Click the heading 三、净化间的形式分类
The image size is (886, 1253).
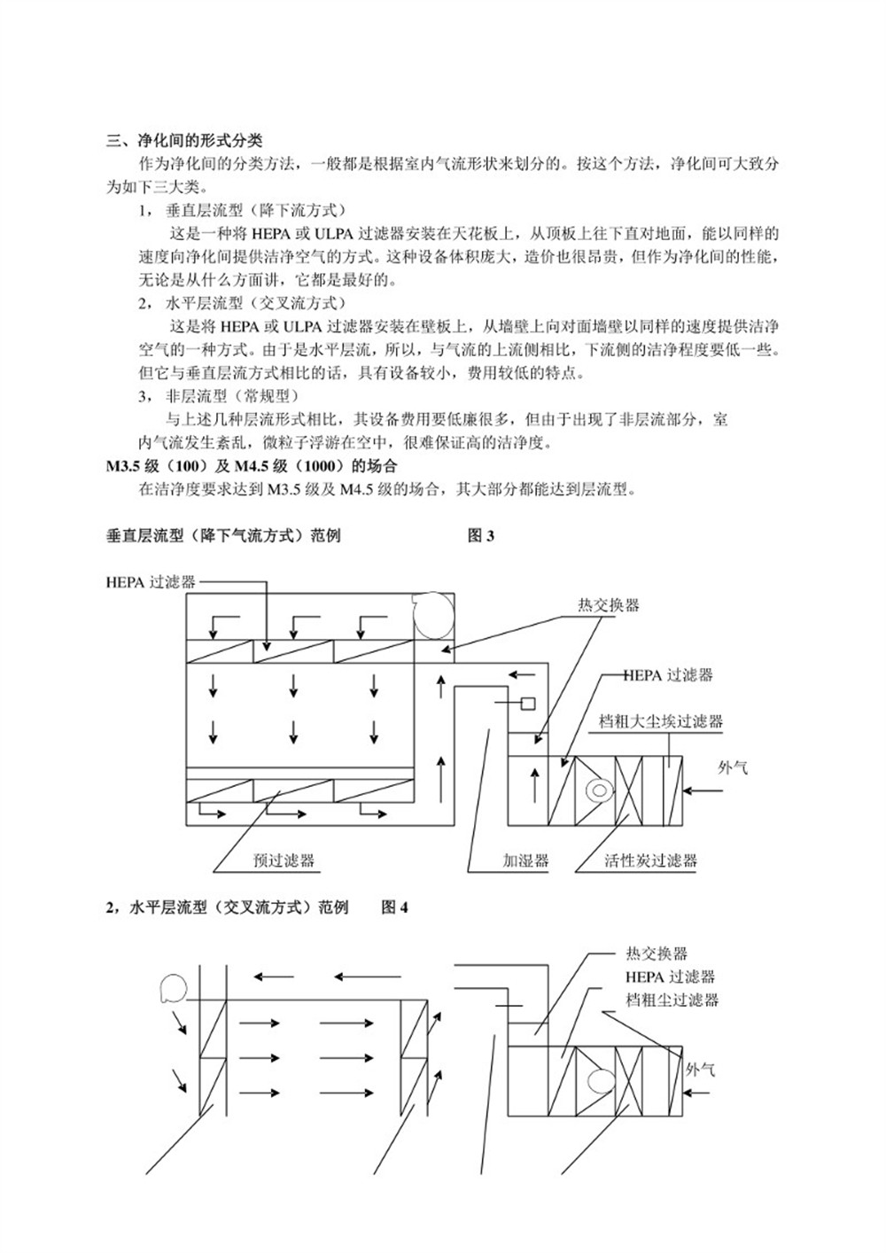(x=184, y=140)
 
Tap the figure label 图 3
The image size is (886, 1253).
(x=480, y=535)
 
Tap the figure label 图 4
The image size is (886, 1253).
(x=394, y=907)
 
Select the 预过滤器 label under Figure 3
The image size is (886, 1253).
(x=284, y=860)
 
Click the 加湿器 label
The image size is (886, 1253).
(x=525, y=860)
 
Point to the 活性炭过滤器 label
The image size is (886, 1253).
(x=650, y=860)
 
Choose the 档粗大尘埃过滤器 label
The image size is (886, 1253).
(x=661, y=721)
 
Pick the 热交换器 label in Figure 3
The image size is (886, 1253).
(x=609, y=605)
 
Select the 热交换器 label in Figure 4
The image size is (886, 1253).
(x=657, y=953)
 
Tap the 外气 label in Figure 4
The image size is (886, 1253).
(x=700, y=1070)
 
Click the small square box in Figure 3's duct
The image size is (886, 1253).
(x=528, y=704)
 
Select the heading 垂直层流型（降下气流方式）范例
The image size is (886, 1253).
(x=222, y=535)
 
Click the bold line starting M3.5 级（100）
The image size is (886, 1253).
(x=252, y=466)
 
